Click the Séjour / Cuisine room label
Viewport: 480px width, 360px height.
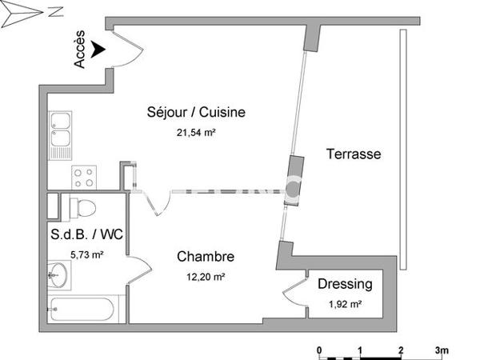pyautogui.click(x=195, y=112)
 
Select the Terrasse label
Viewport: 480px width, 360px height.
pyautogui.click(x=353, y=154)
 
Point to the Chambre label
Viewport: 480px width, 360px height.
pyautogui.click(x=205, y=257)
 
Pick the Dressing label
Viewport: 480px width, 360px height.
pyautogui.click(x=345, y=284)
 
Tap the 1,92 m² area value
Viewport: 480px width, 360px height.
pyautogui.click(x=345, y=303)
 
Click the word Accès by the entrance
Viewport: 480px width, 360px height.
pyautogui.click(x=80, y=52)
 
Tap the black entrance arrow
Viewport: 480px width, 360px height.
pyautogui.click(x=98, y=50)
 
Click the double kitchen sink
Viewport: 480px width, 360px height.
pyautogui.click(x=60, y=135)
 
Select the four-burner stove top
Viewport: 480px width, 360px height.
pyautogui.click(x=83, y=175)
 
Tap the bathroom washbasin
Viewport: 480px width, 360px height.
pyautogui.click(x=57, y=278)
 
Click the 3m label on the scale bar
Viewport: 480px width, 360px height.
pyautogui.click(x=442, y=350)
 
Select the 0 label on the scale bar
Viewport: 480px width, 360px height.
pyautogui.click(x=319, y=350)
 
